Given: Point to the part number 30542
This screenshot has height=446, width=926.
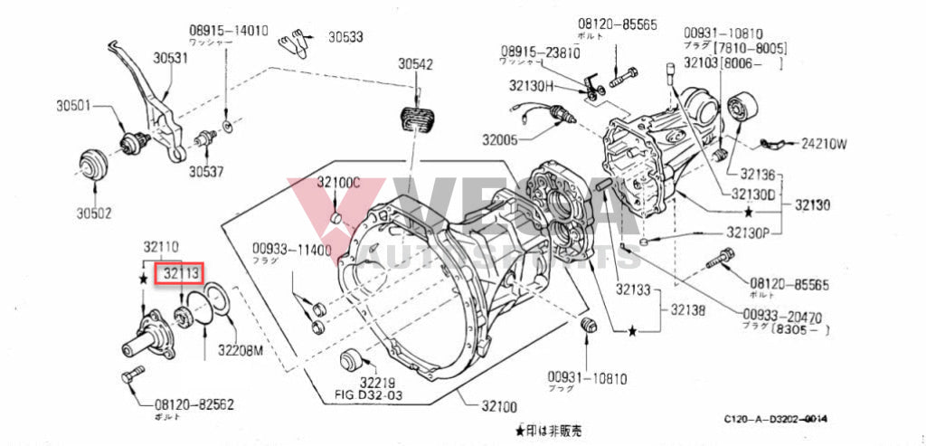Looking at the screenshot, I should tap(416, 64).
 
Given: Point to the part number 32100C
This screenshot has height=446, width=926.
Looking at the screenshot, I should tap(338, 182).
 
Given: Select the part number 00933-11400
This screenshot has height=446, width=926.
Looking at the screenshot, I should tap(292, 249).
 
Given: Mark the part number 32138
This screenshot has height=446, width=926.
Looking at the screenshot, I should tap(687, 309).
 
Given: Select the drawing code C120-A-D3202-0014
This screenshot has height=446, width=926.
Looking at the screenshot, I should tap(776, 419).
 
